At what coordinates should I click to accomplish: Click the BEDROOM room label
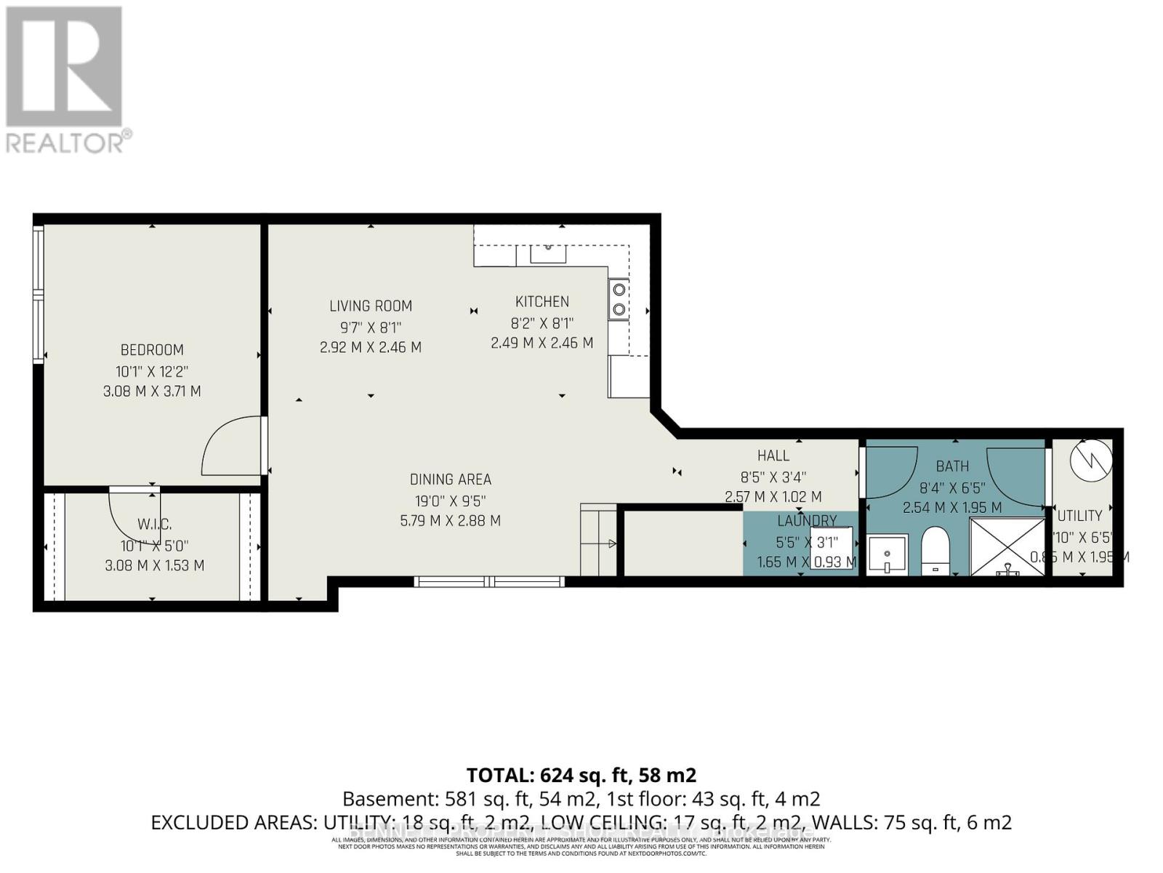152,350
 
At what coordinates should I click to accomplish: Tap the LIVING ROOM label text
371,306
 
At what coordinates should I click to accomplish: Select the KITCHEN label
542,302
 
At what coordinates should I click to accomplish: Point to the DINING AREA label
451,479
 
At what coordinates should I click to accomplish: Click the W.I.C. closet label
154,525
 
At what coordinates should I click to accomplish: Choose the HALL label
773,455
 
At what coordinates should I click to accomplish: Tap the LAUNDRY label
807,521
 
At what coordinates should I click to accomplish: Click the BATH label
952,466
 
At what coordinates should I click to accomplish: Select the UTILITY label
1079,516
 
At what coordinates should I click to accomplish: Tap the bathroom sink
888,554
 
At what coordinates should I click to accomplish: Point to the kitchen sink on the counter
549,253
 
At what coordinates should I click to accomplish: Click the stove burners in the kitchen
619,299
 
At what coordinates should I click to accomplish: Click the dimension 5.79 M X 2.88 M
451,521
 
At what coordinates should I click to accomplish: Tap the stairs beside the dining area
598,540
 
